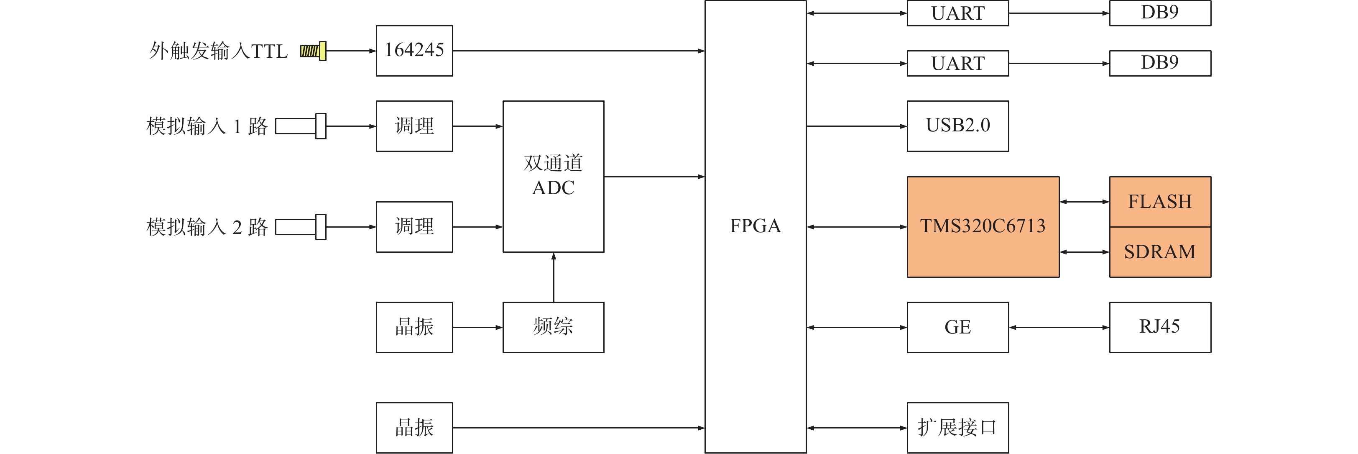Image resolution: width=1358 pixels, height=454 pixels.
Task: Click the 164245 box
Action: [414, 51]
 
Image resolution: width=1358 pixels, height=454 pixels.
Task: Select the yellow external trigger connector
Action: [314, 51]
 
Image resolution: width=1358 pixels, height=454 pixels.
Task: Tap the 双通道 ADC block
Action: [553, 176]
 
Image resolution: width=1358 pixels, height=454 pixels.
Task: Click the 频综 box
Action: [553, 327]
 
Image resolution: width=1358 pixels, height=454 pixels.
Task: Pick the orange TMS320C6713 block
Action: [983, 227]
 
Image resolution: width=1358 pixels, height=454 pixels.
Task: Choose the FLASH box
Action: [1160, 201]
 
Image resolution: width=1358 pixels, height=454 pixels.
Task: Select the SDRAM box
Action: [1160, 252]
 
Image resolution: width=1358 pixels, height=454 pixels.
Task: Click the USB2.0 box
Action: [957, 126]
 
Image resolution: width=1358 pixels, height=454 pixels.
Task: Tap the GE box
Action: [957, 327]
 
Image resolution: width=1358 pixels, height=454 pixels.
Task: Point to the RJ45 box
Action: [1160, 327]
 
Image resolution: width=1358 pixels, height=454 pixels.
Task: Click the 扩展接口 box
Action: [957, 428]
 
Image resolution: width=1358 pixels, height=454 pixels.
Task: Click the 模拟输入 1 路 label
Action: [207, 126]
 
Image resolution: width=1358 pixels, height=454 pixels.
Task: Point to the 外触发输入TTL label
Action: [218, 51]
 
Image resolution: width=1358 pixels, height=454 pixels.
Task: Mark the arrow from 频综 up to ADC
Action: [554, 277]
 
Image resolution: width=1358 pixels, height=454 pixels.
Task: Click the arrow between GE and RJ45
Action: [1059, 328]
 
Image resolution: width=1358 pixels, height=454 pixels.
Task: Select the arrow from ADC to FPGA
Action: [653, 177]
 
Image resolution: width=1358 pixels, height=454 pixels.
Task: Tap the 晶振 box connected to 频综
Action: [414, 327]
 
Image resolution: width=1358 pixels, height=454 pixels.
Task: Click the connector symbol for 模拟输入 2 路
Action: [301, 227]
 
